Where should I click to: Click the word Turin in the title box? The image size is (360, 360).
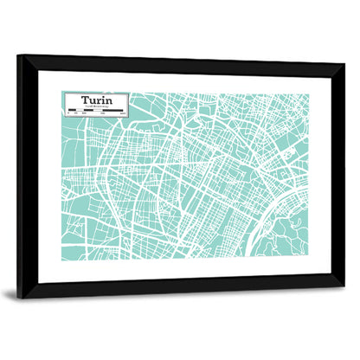(96, 100)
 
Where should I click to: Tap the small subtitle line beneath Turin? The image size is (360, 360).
(95, 106)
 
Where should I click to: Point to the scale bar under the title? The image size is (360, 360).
(95, 110)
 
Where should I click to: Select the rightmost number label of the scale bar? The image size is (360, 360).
(124, 113)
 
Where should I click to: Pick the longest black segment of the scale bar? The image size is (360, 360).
(115, 110)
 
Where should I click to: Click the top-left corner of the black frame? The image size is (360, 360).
(19, 56)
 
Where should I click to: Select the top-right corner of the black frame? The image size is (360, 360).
(343, 65)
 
